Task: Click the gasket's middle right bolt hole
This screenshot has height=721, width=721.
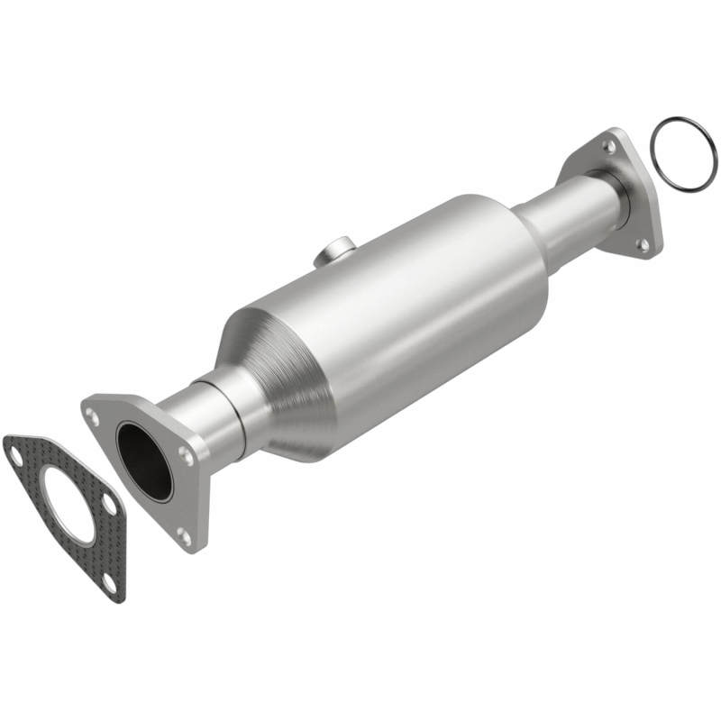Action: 109,504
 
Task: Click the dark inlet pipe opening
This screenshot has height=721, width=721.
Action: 144,461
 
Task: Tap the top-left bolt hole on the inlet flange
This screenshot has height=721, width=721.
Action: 92,415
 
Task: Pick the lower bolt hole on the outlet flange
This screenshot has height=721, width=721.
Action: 642,244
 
